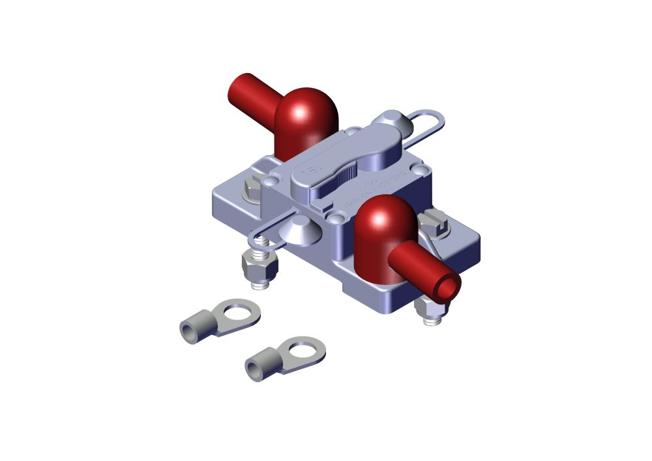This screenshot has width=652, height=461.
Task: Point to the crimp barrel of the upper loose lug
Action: pos(194,328)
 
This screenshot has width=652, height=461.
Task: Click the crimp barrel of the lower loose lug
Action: pos(259,367)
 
